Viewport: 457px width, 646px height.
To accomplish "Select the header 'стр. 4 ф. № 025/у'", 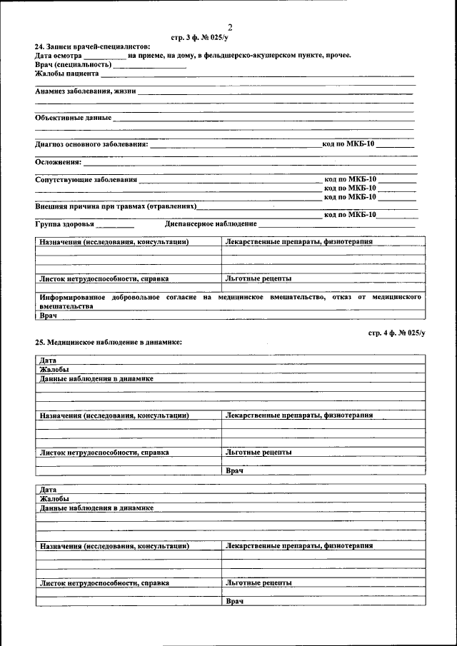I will pyautogui.click(x=396, y=333).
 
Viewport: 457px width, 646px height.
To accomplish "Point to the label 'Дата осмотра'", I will pyautogui.click(x=58, y=55).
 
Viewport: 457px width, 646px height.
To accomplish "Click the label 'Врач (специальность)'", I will pyautogui.click(x=74, y=64).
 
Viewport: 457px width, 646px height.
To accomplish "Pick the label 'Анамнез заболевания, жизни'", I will pyautogui.click(x=86, y=91).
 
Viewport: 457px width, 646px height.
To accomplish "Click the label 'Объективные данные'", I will pyautogui.click(x=73, y=117).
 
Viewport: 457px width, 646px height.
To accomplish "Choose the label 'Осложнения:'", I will pyautogui.click(x=58, y=161).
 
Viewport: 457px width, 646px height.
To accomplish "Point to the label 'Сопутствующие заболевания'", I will pyautogui.click(x=86, y=179).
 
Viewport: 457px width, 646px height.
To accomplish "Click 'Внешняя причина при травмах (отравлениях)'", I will pyautogui.click(x=115, y=206).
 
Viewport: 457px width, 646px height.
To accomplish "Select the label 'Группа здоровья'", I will pyautogui.click(x=64, y=223).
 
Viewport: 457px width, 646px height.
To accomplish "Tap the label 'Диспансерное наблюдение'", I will pyautogui.click(x=210, y=223).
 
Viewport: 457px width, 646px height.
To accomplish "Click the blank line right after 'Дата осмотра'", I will pyautogui.click(x=105, y=56).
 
